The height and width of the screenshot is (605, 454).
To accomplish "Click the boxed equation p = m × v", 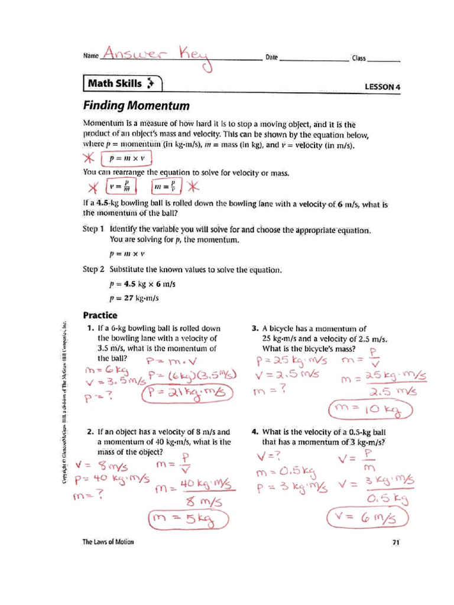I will [127, 160].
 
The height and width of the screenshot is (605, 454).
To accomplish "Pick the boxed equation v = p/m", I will [121, 187].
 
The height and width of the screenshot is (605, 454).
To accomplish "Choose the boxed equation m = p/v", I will [167, 187].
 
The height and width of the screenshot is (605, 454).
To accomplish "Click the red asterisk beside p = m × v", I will [89, 160].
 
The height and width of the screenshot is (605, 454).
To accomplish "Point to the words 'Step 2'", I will [93, 269].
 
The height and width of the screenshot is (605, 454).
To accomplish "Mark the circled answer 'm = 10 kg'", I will [369, 408].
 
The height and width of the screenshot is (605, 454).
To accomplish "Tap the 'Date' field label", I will [271, 57].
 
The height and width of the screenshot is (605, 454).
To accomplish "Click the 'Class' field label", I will [359, 58].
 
